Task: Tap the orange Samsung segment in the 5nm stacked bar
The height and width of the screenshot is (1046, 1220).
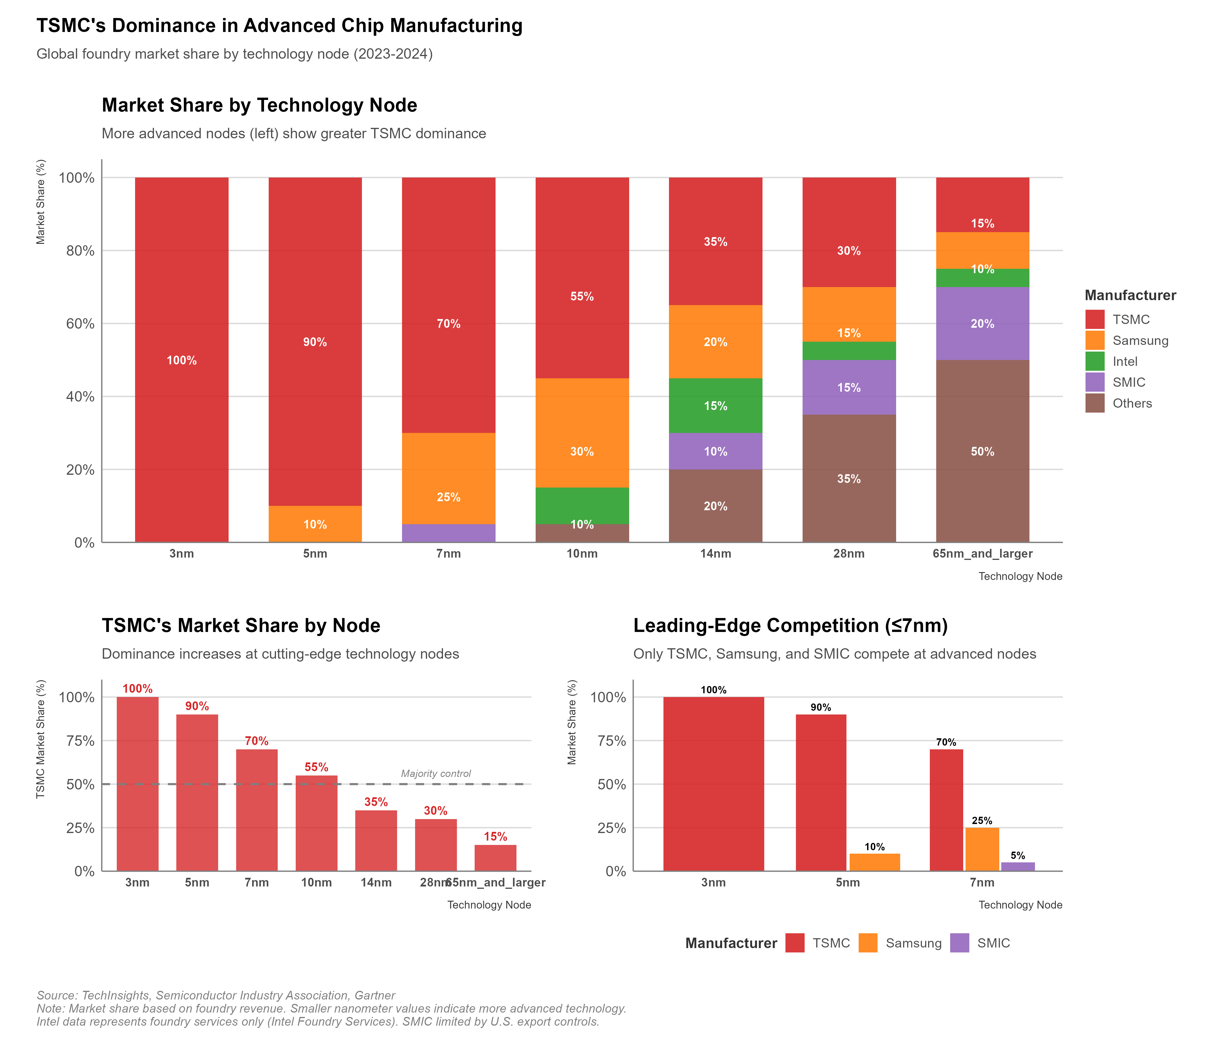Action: (x=315, y=524)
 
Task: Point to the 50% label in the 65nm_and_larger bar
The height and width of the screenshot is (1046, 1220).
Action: (x=982, y=452)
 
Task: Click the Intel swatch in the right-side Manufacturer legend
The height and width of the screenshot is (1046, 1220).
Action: (x=1095, y=361)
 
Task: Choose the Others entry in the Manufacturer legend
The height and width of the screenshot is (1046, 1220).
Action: (x=1132, y=404)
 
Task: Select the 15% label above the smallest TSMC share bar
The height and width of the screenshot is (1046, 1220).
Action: (x=495, y=836)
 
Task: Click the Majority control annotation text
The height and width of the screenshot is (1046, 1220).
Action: (x=436, y=773)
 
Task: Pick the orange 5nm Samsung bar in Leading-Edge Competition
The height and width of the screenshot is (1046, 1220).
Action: (x=874, y=862)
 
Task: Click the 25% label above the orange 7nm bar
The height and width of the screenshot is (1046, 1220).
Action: (x=982, y=821)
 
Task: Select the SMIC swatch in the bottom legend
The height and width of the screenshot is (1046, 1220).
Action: (x=959, y=943)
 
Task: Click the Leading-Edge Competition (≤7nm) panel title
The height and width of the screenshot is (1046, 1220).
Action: (x=790, y=626)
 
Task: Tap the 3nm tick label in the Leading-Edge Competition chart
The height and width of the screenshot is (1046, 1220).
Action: (x=713, y=882)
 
